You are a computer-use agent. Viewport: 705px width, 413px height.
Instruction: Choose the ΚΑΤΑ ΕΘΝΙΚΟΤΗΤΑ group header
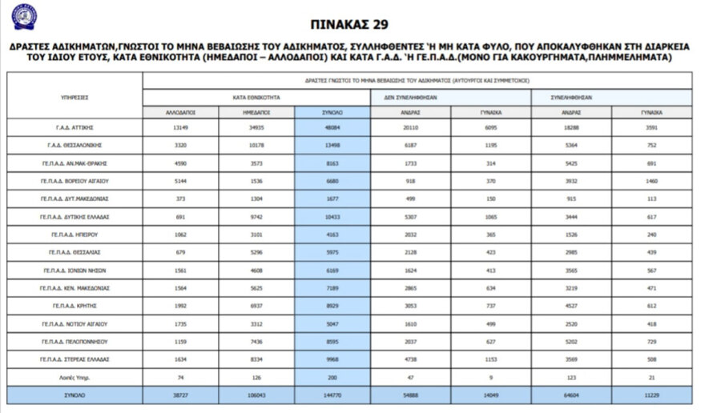pos(256,97)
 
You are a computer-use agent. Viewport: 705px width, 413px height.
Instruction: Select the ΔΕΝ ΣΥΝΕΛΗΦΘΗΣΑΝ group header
pos(450,97)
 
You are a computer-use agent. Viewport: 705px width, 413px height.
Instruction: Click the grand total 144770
pos(332,395)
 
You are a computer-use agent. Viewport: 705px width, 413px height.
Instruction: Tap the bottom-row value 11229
pos(651,395)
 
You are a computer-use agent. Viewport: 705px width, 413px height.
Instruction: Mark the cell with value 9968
pos(332,359)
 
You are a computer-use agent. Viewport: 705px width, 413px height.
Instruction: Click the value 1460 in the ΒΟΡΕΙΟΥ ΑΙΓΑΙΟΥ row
pos(651,181)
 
